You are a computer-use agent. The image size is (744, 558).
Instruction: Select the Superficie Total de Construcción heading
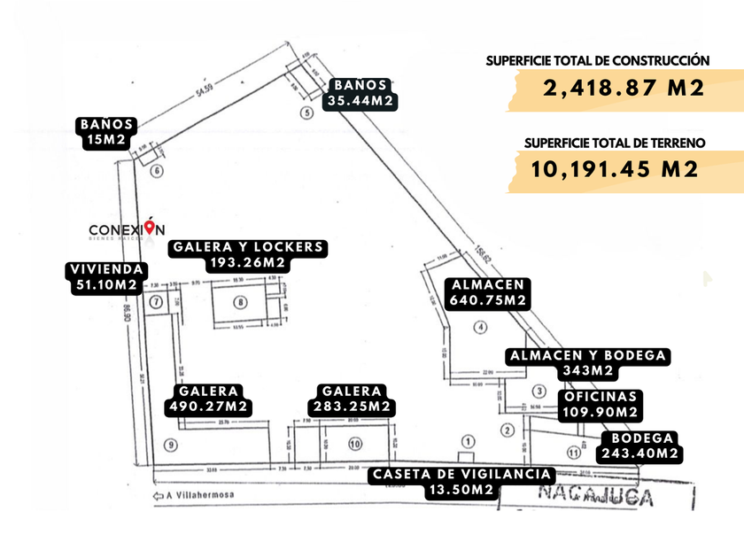click(598, 60)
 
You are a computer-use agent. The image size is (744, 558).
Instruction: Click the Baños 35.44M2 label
click(360, 93)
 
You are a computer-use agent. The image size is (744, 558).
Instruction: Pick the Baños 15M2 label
click(106, 132)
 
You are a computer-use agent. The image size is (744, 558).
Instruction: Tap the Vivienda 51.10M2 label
click(105, 277)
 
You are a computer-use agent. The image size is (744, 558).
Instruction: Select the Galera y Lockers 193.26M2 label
click(248, 255)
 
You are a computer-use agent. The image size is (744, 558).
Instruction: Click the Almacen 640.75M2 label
click(489, 293)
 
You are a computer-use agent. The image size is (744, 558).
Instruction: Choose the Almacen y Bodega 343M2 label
click(588, 363)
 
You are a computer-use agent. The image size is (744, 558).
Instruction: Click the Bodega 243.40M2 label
click(639, 446)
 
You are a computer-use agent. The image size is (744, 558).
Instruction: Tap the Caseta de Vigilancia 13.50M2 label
click(464, 482)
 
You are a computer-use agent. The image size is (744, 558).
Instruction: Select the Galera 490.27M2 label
click(208, 399)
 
